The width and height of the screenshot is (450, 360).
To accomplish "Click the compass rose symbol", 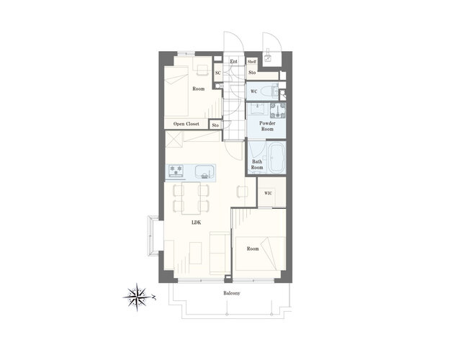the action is tap(138, 297).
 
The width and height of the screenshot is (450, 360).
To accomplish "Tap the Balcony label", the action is tap(232, 293).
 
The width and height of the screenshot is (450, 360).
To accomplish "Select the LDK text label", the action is tap(197, 222).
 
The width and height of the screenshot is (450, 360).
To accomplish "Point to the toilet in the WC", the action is tap(271, 91).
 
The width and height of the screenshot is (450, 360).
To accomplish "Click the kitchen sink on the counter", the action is tap(204, 172).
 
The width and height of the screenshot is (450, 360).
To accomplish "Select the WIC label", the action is tap(268, 193).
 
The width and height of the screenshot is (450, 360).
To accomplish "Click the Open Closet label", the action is tap(186, 124).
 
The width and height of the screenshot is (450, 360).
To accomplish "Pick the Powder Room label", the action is tap(267, 126).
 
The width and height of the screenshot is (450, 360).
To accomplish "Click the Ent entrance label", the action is tap(233, 61).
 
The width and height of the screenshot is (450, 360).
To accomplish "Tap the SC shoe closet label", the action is tap(218, 73).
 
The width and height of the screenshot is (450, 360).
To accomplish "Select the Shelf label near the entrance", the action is tap(252, 62).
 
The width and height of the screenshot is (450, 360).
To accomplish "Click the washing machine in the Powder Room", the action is tap(278, 110).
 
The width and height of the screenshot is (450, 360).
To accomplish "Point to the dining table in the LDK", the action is tap(191, 198).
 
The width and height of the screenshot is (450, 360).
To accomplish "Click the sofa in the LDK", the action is tap(220, 253).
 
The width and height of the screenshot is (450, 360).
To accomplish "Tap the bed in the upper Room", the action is tap(176, 91).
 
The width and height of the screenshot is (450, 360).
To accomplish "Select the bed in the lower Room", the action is tap(261, 253).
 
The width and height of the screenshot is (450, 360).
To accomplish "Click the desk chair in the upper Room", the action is tap(202, 70).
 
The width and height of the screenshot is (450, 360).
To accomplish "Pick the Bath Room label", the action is tap(257, 164).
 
